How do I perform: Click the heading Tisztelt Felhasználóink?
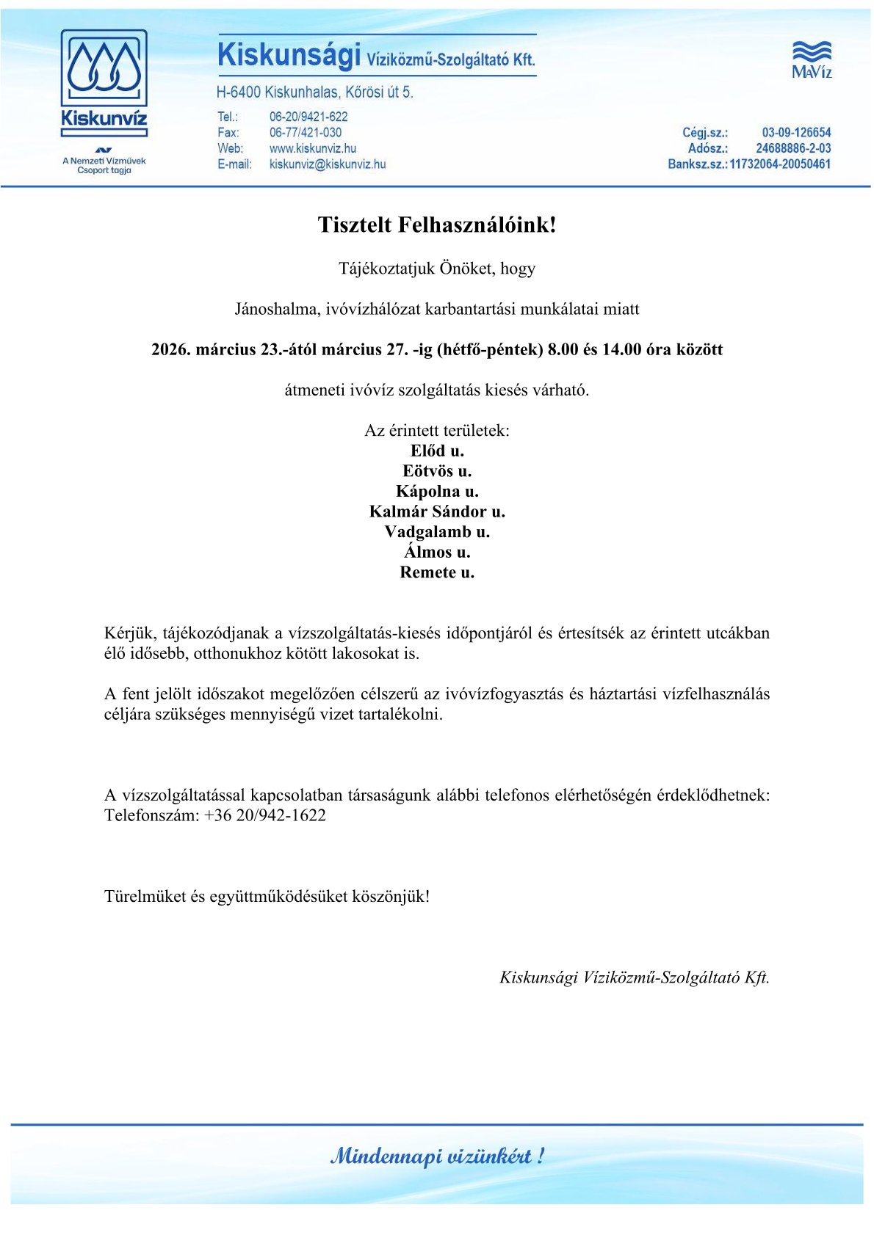(437, 225)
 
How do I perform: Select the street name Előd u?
(437, 451)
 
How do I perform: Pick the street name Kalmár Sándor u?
(437, 511)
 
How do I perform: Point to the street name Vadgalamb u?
(437, 532)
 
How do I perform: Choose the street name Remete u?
(437, 572)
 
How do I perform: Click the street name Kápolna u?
(437, 492)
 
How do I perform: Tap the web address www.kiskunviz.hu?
(312, 148)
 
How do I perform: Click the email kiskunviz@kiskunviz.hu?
(327, 164)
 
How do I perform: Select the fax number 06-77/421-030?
(305, 133)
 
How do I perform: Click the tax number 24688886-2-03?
(793, 148)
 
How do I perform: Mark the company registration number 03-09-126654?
(796, 133)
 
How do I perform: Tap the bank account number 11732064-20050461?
(780, 164)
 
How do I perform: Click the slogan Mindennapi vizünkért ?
(437, 1156)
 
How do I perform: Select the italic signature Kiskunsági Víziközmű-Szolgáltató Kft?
(634, 977)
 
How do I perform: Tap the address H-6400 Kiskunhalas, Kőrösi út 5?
(314, 92)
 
